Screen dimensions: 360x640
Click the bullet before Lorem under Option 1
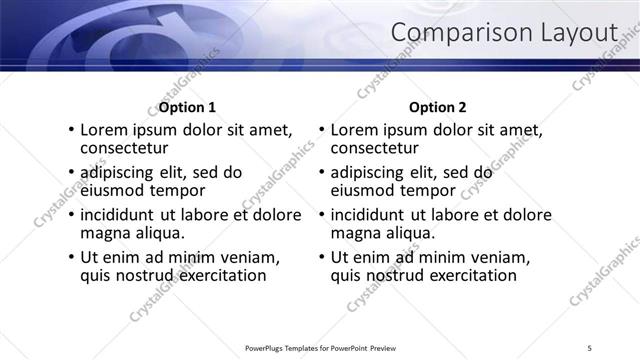pos(70,130)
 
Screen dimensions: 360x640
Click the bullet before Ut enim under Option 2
pos(321,257)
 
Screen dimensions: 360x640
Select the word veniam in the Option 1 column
pos(248,257)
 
